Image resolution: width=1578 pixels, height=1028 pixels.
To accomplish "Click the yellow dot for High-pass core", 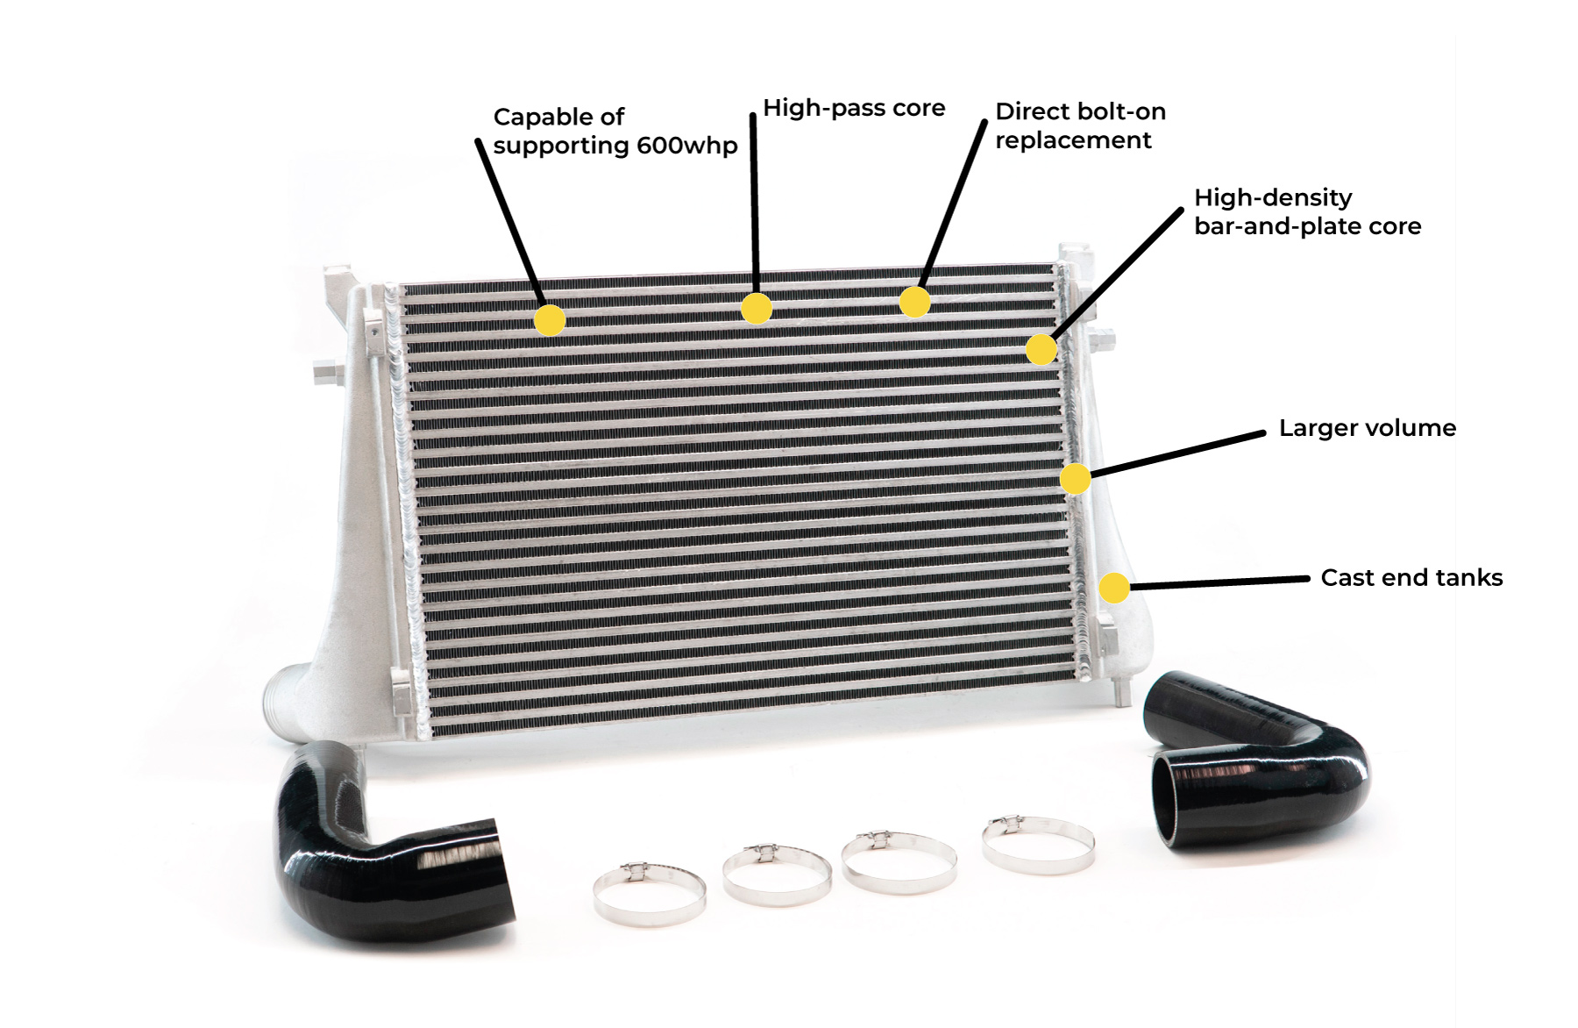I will click(757, 309).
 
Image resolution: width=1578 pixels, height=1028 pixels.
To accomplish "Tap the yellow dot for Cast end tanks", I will click(1113, 587).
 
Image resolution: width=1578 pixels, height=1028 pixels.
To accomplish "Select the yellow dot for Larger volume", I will click(1075, 479).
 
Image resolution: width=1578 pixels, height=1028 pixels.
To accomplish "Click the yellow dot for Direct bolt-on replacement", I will click(914, 302).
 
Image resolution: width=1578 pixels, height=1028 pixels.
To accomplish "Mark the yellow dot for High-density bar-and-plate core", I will click(1041, 349).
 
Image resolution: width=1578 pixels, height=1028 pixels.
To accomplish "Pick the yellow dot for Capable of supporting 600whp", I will click(550, 320).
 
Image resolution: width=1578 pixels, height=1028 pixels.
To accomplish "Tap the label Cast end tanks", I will click(1411, 578).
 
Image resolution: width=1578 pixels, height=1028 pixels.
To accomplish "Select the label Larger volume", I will click(1367, 428).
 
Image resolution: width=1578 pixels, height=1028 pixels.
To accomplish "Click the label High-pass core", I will click(853, 108).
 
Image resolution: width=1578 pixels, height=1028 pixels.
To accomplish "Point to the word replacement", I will click(1072, 140).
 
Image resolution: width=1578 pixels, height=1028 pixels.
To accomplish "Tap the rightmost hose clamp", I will click(1038, 844).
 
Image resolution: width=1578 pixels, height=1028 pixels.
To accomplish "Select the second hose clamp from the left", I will click(777, 873).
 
